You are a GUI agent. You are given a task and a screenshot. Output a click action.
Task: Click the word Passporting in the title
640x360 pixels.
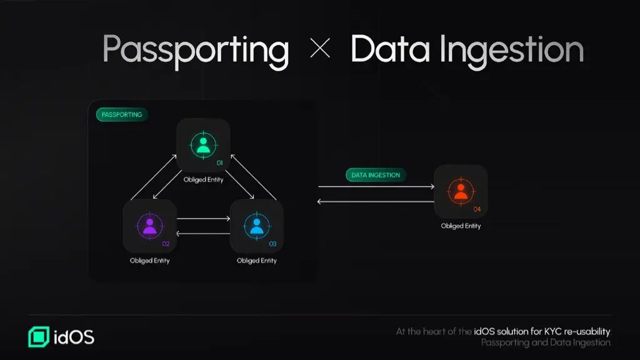pos(196,50)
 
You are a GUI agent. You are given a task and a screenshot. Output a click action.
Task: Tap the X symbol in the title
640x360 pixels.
pos(320,48)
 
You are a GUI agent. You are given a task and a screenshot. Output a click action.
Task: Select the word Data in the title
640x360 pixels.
pos(390,49)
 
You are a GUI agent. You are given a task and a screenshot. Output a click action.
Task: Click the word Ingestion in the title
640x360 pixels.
pos(512,51)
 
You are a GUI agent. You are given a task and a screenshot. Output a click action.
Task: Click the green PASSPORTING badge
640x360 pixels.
pos(122,115)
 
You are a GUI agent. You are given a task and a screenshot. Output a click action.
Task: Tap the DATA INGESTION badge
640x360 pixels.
pos(376,175)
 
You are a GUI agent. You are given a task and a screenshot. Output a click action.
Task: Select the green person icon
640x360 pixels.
pos(203,145)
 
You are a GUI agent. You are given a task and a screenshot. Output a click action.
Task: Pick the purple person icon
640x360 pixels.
pos(150,226)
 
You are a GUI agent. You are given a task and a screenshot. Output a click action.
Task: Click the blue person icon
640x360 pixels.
pos(257,226)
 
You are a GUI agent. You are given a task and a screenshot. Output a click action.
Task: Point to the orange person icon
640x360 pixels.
pos(461,192)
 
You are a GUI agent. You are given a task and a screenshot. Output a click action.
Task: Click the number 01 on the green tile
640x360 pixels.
pos(219,163)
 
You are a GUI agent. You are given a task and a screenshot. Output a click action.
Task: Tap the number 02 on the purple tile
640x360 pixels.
pos(166,244)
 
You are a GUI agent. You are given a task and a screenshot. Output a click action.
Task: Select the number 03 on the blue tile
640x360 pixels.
pos(272,244)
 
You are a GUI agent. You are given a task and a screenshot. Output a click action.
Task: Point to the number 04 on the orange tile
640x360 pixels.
pos(477,209)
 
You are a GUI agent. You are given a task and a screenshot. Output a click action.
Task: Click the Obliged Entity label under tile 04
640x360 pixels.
pos(461,226)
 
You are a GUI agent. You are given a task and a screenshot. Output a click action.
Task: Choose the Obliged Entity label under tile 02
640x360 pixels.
pos(150,261)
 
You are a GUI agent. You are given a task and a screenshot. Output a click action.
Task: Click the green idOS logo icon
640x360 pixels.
pos(39,337)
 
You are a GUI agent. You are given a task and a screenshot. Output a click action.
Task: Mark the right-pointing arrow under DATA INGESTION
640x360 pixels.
pos(376,186)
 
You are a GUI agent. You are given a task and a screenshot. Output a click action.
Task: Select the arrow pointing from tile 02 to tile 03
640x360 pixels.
pos(204,219)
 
